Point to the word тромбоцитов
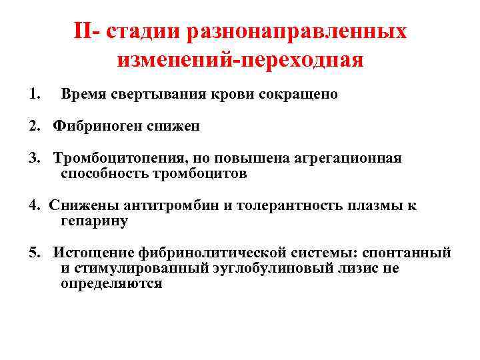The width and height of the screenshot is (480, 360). click(200, 173)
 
